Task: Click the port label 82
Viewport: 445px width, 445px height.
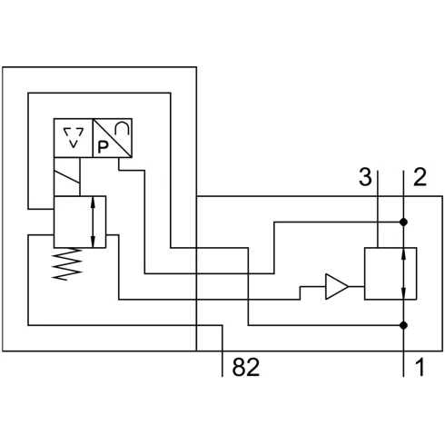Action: [x=245, y=367]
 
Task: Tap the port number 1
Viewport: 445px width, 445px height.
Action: [x=420, y=367]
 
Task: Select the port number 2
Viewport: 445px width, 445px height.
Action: [x=420, y=177]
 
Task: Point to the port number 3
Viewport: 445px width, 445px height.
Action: [x=365, y=177]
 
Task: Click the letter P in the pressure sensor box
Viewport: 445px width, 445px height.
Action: [x=103, y=147]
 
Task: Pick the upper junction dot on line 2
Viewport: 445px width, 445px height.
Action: [x=403, y=222]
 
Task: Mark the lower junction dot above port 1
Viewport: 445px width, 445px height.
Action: [x=403, y=325]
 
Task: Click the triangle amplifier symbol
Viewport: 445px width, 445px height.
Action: [x=337, y=286]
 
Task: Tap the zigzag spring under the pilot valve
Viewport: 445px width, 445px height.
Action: [x=67, y=263]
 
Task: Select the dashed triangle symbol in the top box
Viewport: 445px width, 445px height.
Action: [x=74, y=137]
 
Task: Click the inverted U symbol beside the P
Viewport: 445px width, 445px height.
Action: [x=123, y=128]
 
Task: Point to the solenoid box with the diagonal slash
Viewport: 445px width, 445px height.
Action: [x=67, y=176]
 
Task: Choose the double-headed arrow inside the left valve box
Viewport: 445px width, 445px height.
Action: [x=93, y=222]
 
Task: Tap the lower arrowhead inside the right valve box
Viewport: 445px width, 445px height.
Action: [x=403, y=293]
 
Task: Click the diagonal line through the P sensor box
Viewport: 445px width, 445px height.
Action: [x=113, y=138]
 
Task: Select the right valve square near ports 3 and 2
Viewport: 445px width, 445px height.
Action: [x=391, y=273]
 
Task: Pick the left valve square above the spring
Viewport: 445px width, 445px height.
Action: [x=80, y=222]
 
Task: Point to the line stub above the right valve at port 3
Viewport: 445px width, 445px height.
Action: [x=378, y=209]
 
